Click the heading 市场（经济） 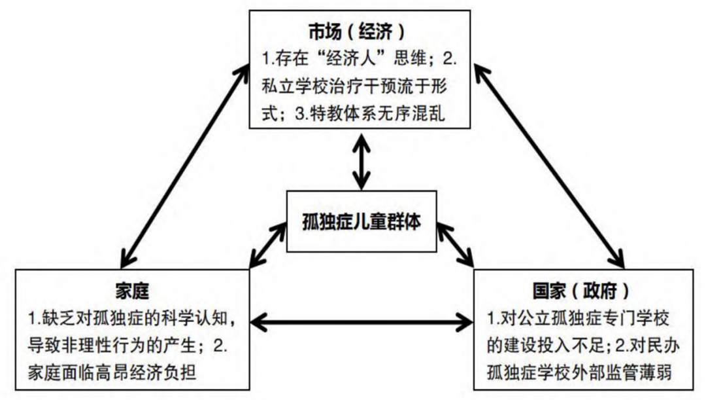[x=357, y=31]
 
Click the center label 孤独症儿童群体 [x=361, y=223]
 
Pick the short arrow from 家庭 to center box [x=269, y=244]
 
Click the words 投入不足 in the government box [x=577, y=344]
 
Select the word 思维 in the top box [x=409, y=59]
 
